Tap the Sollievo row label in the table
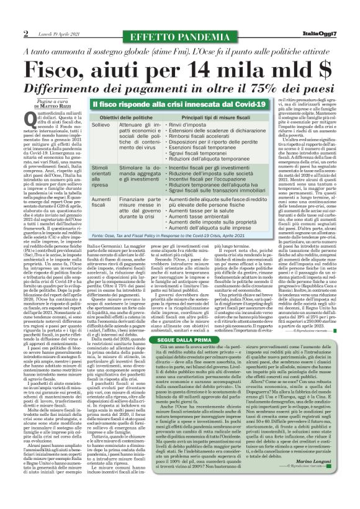pos(101,125)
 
